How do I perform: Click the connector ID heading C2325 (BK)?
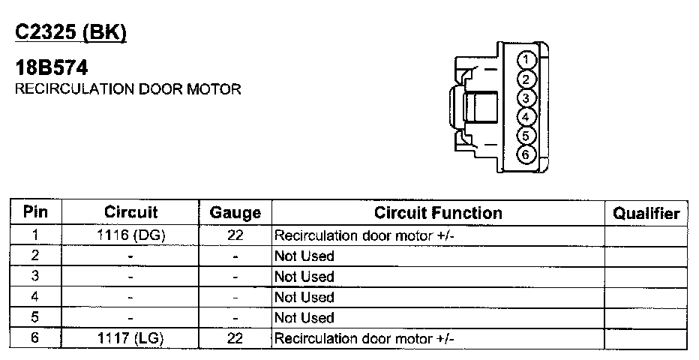pos(71,33)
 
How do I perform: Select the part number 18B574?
pos(52,68)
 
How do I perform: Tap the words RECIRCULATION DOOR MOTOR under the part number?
pos(128,89)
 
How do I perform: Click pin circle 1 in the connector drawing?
pos(527,60)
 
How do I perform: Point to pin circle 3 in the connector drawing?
pos(527,98)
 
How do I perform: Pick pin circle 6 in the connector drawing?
pos(527,154)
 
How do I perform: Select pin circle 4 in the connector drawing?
pos(527,117)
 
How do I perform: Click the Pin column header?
pos(36,212)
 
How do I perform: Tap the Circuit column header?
pos(130,212)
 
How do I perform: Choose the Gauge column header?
pos(235,213)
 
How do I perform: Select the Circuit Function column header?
pos(438,212)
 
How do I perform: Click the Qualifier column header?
pos(646,213)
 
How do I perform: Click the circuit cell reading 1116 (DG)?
pos(130,235)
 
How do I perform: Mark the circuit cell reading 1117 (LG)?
pos(130,338)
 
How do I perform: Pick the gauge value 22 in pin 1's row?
pos(235,235)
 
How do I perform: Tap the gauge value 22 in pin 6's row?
pos(235,338)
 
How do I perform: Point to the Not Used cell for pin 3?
pos(304,277)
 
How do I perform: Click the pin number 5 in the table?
pos(35,318)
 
